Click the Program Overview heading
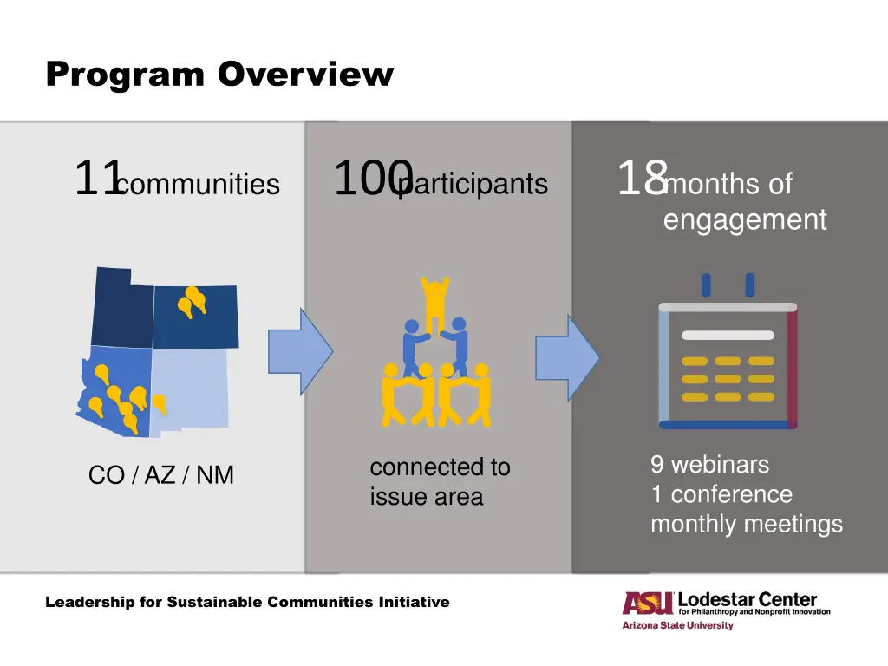(219, 75)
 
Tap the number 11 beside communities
(95, 179)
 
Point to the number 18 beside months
(641, 179)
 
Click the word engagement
(745, 219)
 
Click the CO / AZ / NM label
(161, 475)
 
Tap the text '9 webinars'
(709, 465)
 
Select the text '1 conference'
(721, 494)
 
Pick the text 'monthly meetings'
(746, 524)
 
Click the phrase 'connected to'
(440, 467)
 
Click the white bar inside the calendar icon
(728, 335)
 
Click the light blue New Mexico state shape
(191, 388)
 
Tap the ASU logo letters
(648, 603)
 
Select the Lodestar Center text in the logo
(748, 599)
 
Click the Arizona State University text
(677, 625)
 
